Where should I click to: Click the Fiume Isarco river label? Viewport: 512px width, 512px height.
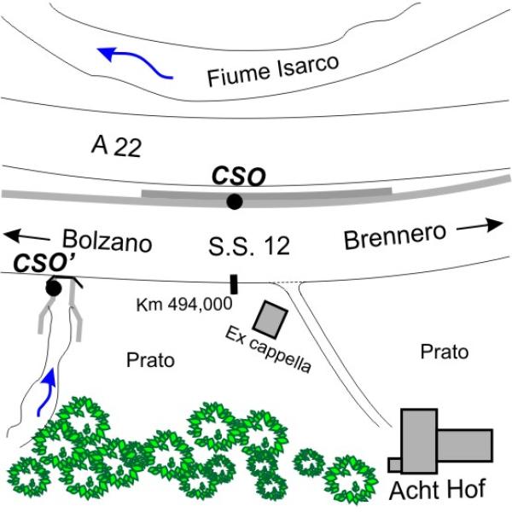point(273,71)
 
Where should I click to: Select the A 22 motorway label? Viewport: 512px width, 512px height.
point(116,146)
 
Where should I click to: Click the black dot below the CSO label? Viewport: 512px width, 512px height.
point(235,201)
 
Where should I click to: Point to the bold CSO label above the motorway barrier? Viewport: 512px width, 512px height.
point(239,177)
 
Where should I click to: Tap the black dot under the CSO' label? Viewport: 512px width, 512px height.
point(54,288)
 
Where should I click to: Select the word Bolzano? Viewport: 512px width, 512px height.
point(108,241)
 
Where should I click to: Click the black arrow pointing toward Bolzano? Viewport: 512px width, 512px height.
point(26,236)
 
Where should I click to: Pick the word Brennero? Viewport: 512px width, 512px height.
point(395,236)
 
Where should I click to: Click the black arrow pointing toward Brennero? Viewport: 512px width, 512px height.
point(480,225)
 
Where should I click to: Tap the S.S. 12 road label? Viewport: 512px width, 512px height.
point(249,246)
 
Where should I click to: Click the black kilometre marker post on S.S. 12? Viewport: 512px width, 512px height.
point(234,284)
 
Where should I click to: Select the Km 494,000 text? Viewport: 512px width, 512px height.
point(184,305)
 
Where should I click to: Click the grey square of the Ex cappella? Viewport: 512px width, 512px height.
point(271,319)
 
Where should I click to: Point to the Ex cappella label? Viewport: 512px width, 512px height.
point(268,349)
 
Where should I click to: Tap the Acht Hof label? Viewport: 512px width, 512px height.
point(438,490)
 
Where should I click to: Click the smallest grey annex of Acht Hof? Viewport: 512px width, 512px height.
point(395,465)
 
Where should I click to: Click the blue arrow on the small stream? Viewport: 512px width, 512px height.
point(46,393)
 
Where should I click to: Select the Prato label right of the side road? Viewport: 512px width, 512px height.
point(445,352)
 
